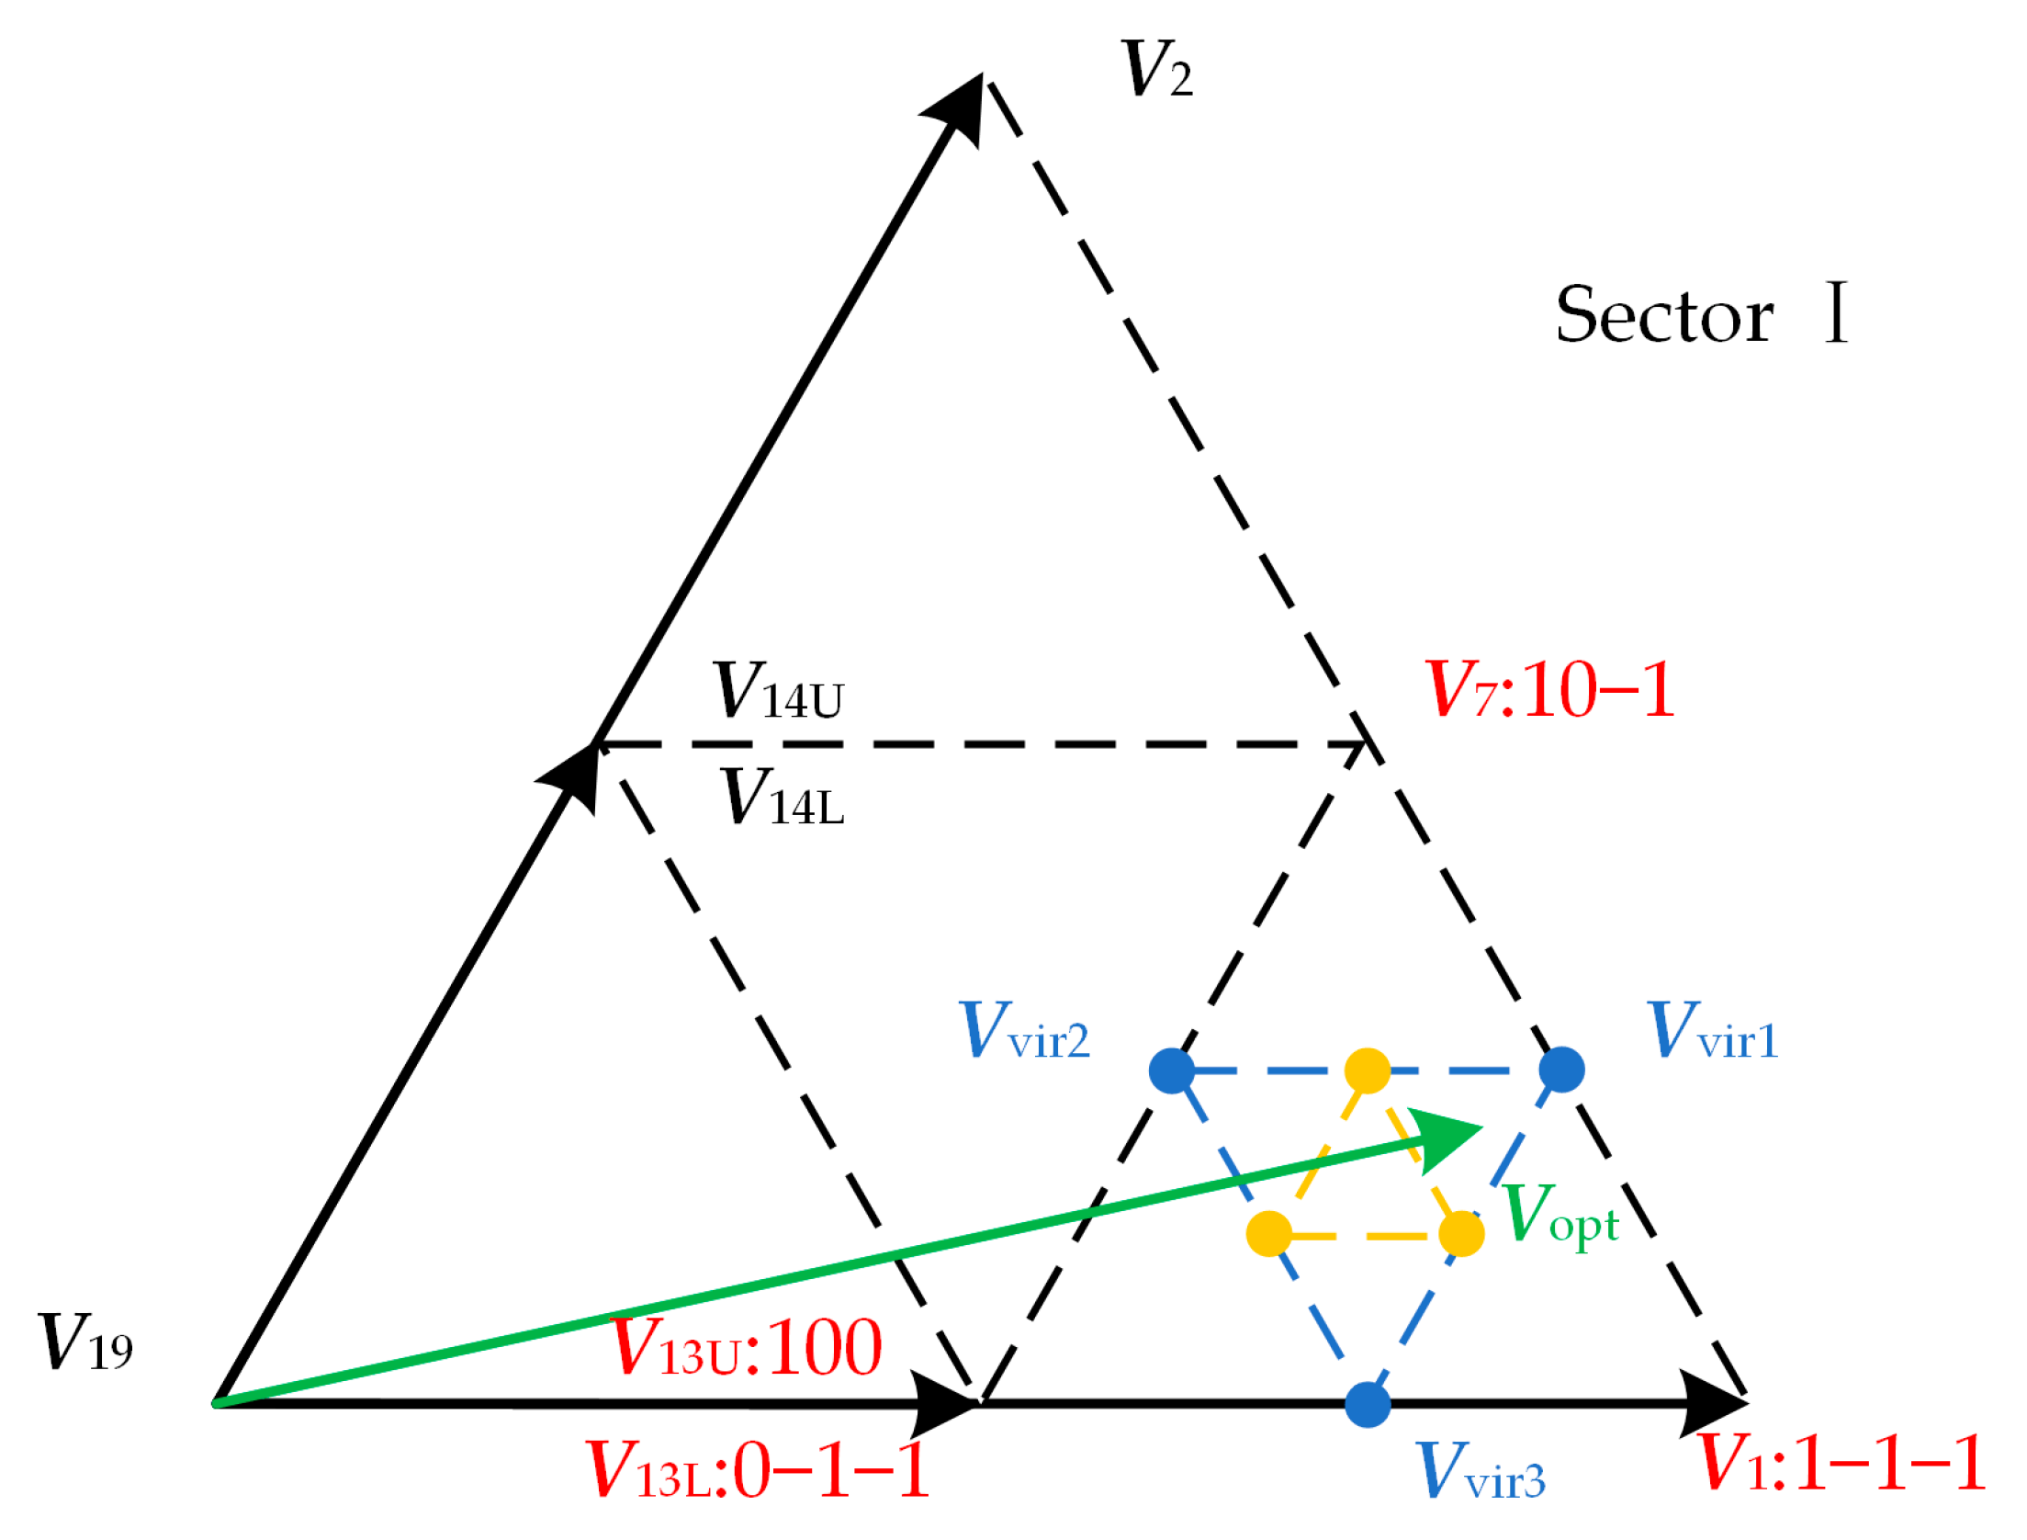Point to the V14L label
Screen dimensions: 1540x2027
click(783, 797)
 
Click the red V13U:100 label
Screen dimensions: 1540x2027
click(746, 1347)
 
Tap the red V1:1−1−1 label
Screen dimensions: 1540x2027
click(1841, 1462)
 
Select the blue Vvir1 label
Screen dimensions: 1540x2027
click(1713, 1031)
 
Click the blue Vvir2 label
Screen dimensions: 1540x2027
click(1024, 1031)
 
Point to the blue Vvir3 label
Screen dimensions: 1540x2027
click(1481, 1471)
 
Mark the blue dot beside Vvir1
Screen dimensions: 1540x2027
click(1562, 1070)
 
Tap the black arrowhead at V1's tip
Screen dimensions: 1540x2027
click(1713, 1404)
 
